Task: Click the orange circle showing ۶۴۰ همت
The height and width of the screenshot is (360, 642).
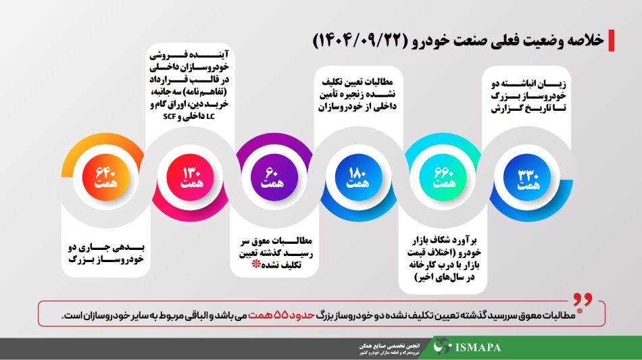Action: coord(105,177)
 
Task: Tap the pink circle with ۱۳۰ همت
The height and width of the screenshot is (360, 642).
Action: coord(191,177)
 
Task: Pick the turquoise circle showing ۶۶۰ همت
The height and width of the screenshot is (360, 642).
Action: coord(443,177)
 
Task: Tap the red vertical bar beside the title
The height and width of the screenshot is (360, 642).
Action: coord(612,41)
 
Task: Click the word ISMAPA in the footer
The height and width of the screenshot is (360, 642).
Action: coord(478,348)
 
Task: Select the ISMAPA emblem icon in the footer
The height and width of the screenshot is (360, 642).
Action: coord(442,346)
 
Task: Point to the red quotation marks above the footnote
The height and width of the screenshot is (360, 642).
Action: coord(583,299)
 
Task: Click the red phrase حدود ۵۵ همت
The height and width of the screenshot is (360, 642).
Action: coord(281,315)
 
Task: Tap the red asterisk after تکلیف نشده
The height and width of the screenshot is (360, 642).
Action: coord(256,264)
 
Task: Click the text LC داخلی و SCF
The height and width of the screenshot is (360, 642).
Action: coord(189,117)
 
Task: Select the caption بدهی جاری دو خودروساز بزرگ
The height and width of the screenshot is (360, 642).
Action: coord(106,253)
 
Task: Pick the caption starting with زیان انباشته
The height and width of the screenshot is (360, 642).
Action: coord(528,97)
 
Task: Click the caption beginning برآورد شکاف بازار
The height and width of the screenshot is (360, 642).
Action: coord(444,259)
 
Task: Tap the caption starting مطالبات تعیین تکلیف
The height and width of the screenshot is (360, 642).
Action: coord(357,95)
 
